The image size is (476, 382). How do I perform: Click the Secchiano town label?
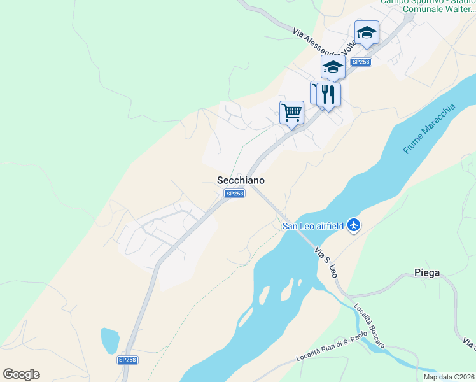pyautogui.click(x=237, y=181)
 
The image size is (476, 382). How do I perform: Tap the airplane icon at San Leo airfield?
pyautogui.click(x=354, y=225)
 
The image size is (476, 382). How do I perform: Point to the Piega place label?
pyautogui.click(x=426, y=272)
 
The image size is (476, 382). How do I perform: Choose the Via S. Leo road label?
pyautogui.click(x=325, y=262)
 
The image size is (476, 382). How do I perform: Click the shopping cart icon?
pyautogui.click(x=291, y=113)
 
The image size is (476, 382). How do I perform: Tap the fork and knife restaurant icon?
pyautogui.click(x=328, y=94)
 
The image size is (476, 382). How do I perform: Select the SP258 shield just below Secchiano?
pyautogui.click(x=234, y=194)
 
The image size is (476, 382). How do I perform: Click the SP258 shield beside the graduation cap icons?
pyautogui.click(x=361, y=62)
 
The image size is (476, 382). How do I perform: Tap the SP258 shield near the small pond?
pyautogui.click(x=127, y=360)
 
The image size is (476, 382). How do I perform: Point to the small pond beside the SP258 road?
pyautogui.click(x=109, y=340)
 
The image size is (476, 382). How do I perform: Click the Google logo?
pyautogui.click(x=21, y=374)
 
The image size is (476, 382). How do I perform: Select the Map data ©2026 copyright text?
pyautogui.click(x=449, y=377)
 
